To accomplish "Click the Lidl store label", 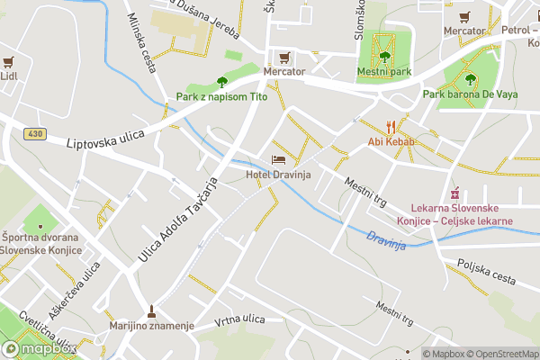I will (x=9, y=76).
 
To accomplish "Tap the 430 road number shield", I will (x=35, y=134).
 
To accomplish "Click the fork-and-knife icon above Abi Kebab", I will (x=390, y=126).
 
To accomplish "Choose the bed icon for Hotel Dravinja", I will (x=277, y=160).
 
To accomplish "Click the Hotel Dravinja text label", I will (x=278, y=175).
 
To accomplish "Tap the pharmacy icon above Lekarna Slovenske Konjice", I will (x=455, y=193).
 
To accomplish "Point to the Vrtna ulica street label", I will (x=239, y=320).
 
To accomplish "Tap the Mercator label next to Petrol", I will (x=464, y=31).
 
